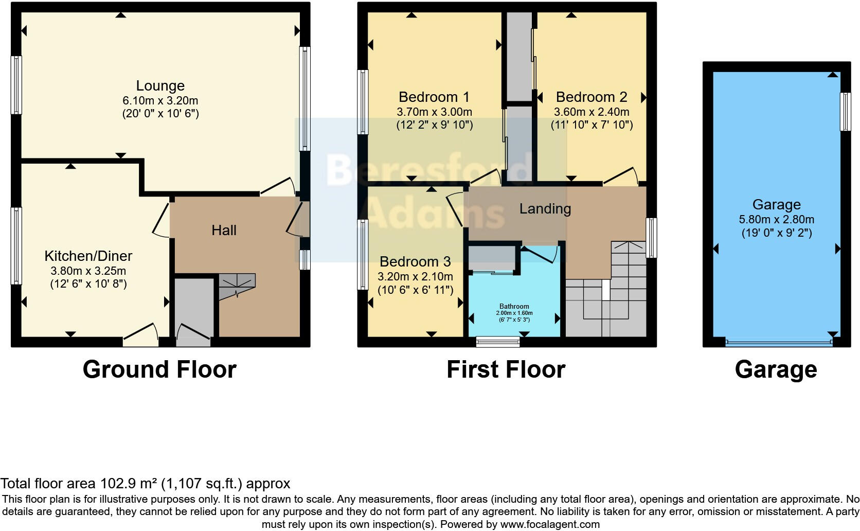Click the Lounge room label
tap(160, 85)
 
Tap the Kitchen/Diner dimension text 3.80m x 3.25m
tap(88, 271)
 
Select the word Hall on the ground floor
tap(224, 230)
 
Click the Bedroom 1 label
tap(434, 97)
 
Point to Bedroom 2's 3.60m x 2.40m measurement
tap(591, 112)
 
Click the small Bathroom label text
tap(514, 307)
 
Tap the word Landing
tap(545, 208)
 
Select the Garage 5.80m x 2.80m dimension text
tap(776, 220)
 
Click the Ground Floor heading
tap(159, 369)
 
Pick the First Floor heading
tap(506, 369)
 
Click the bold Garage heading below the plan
tap(776, 369)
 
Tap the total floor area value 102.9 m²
tap(128, 484)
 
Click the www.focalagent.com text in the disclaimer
tap(550, 525)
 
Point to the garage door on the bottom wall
tap(778, 341)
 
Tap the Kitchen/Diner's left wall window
tap(16, 246)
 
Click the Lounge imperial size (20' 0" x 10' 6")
tap(160, 114)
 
